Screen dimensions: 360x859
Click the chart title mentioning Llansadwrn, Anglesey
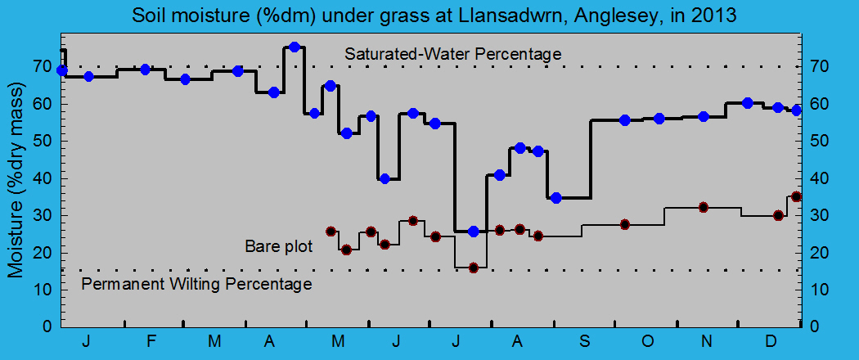tap(429, 16)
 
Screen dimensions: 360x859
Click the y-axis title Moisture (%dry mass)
tap(17, 184)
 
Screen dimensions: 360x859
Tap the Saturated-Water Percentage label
tap(452, 54)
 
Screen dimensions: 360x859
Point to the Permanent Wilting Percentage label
tap(197, 284)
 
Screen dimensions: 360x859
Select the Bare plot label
tap(278, 245)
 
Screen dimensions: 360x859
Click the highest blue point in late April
tap(295, 47)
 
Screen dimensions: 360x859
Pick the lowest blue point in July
tap(473, 232)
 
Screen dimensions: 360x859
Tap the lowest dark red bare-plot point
tap(473, 268)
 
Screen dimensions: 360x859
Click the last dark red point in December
tap(796, 196)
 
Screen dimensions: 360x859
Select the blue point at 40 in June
tap(385, 178)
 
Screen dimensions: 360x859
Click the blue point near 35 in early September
tap(556, 198)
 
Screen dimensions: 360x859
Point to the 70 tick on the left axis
tap(47, 66)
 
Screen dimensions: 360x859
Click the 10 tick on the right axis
tap(814, 290)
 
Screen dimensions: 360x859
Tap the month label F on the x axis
tap(151, 341)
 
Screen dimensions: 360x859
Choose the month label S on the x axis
tap(585, 341)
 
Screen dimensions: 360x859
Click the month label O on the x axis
tap(647, 341)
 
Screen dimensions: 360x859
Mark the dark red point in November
tap(704, 207)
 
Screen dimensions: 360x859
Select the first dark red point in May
tap(331, 232)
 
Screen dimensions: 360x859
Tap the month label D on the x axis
tap(771, 341)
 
